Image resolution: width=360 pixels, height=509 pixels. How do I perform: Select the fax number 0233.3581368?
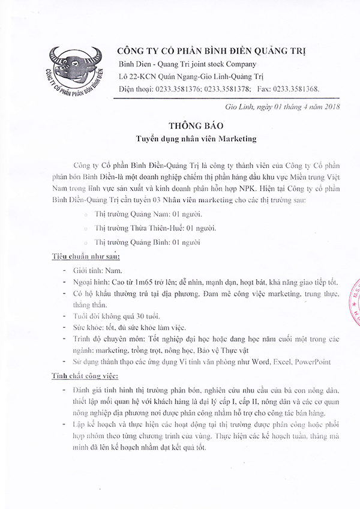pyautogui.click(x=296, y=89)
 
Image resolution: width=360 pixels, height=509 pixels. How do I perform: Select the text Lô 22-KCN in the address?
pyautogui.click(x=139, y=77)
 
